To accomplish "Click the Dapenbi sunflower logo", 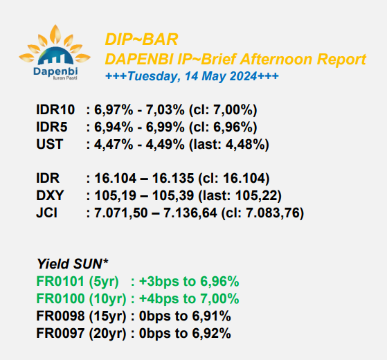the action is pos(55,53).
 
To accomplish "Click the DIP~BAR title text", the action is pos(141,39).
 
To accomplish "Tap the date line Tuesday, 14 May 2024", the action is pos(192,76).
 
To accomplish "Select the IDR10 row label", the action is pos(55,109).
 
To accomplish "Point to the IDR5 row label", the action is pos(52,127).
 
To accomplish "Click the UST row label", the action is pos(50,144).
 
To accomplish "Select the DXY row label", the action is pos(50,195).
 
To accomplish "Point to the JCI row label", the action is pos(46,213).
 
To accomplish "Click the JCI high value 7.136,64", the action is pos(190,213).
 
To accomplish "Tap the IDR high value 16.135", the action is pos(173,178).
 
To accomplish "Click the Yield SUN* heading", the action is pos(72,264).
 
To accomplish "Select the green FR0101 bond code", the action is pos(60,281).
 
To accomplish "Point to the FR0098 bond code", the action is pos(60,316).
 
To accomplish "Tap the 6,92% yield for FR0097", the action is pos(212,334).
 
